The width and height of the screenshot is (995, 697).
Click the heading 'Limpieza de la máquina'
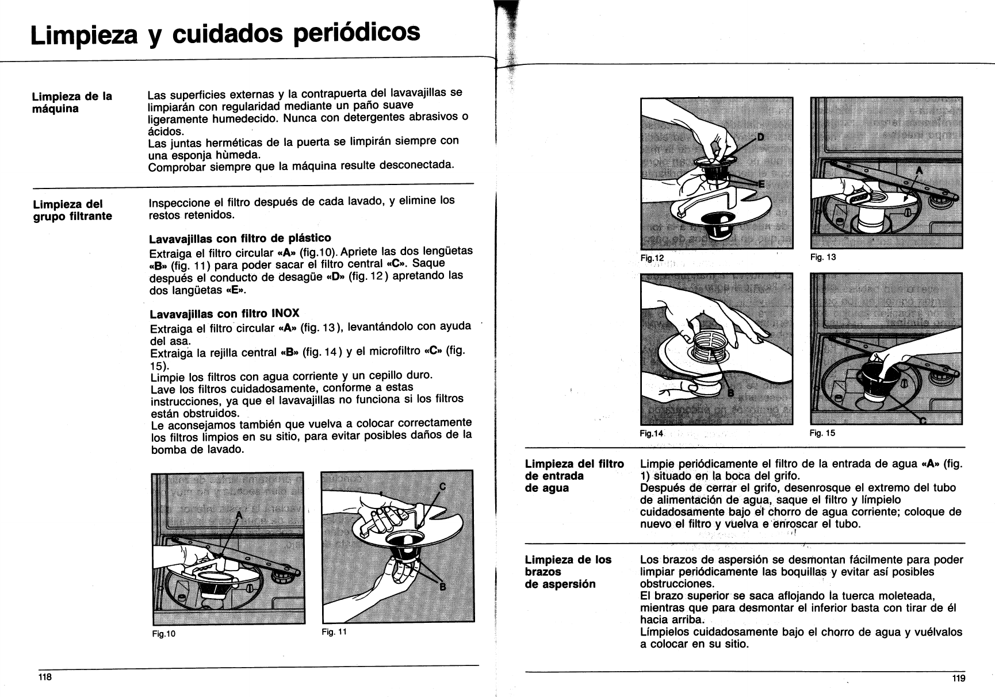[72, 102]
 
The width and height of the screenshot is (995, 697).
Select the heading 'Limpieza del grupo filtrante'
[72, 210]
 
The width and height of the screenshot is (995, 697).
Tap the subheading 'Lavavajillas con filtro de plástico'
[240, 238]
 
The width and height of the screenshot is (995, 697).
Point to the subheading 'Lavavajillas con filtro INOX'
[224, 314]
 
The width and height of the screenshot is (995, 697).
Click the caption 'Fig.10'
[164, 634]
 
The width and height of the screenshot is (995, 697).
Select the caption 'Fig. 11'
[334, 631]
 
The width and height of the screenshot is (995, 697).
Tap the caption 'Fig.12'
[652, 258]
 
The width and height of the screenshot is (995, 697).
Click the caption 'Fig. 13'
[823, 257]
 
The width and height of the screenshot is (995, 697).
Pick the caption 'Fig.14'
[652, 433]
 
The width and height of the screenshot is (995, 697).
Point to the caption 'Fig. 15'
[822, 433]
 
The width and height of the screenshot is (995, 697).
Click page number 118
[45, 677]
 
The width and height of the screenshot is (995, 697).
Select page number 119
[959, 679]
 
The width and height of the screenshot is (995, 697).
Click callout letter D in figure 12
[761, 138]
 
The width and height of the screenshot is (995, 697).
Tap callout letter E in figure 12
[762, 184]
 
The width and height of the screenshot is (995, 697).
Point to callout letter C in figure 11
[442, 486]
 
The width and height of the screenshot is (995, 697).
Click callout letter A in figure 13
[918, 171]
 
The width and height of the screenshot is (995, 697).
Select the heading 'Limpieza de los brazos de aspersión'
[568, 572]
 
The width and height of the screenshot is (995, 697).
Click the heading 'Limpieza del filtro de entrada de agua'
[574, 476]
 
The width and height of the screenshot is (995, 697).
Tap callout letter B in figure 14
[732, 393]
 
